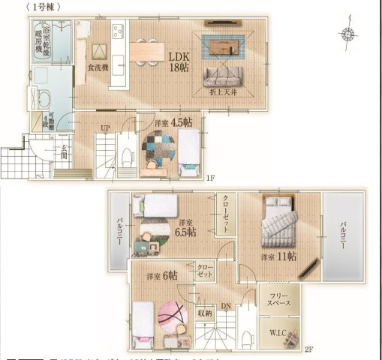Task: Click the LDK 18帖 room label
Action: pos(179,61)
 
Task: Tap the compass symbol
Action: pos(348,33)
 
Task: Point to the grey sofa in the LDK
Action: pos(223,77)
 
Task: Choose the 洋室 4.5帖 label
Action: pos(173,122)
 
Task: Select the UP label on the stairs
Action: pos(106,128)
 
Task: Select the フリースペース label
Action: pos(279,299)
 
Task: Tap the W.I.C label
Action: pos(278,331)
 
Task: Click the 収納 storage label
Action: pos(205,313)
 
